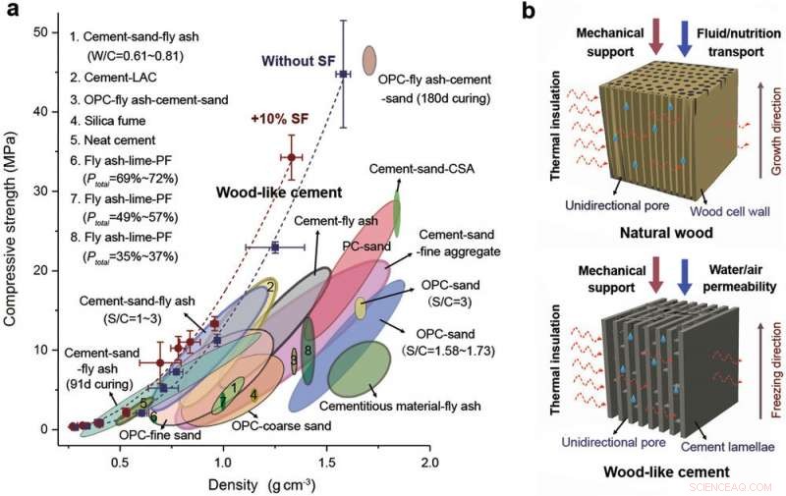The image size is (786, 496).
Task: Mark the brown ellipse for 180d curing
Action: click(x=369, y=60)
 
